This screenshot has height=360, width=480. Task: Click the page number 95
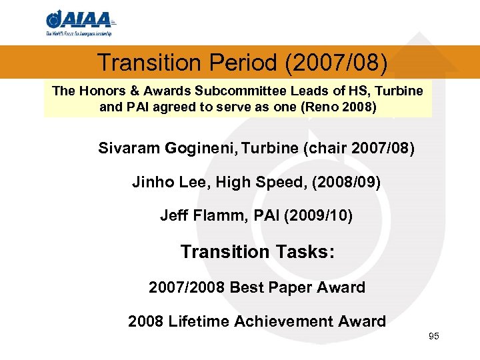tap(434, 336)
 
